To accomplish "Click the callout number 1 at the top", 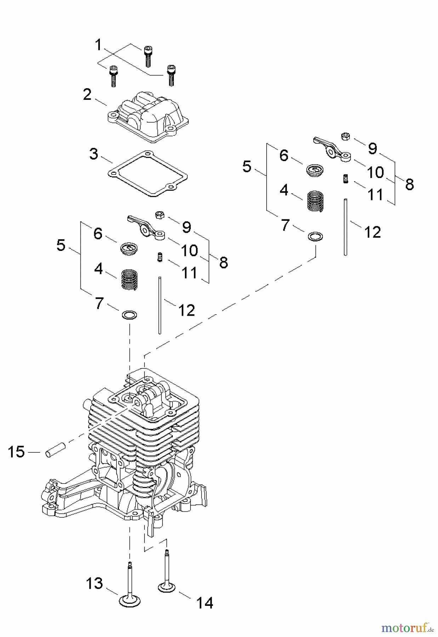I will point(98,45).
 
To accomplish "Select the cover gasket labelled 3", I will point(148,173).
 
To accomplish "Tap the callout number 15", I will point(16,452).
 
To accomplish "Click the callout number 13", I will point(94,583).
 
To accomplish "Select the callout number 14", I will point(205,603).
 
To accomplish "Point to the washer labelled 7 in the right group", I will point(315,236).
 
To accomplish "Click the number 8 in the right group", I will point(410,184).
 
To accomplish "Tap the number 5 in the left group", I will point(61,245).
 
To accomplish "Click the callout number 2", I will point(87,94).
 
